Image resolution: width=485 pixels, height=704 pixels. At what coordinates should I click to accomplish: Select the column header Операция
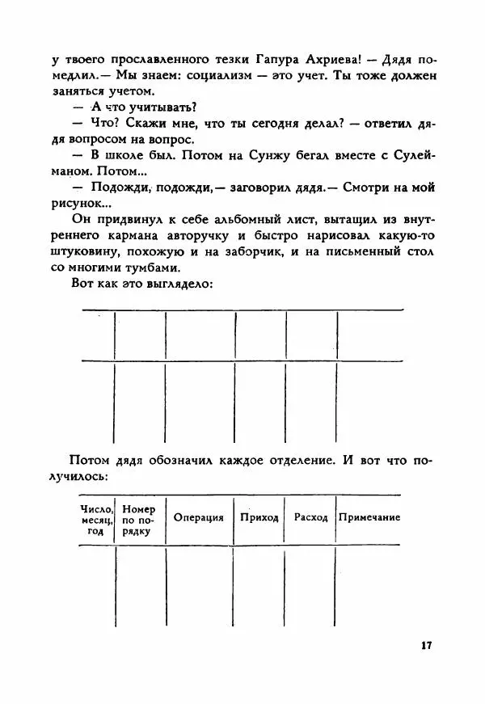pos(199,518)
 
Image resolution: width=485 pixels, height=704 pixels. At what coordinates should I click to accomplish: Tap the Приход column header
pos(259,518)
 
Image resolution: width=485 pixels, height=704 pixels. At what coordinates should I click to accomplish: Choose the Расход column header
pos(311,518)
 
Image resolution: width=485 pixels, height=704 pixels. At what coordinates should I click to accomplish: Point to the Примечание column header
pos(369,518)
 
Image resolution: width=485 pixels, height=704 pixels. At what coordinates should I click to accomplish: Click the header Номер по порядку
pos(140,521)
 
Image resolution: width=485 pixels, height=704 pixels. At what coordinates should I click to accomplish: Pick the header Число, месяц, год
pos(97,521)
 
